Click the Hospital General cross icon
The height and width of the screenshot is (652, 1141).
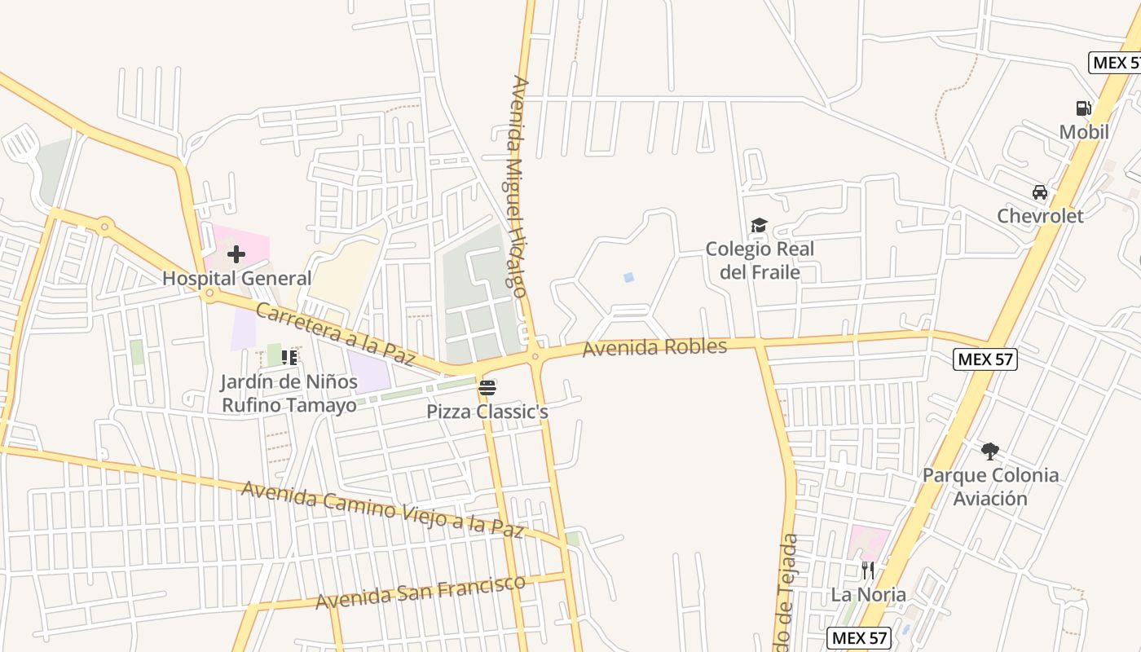236,254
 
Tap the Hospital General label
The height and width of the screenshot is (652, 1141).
236,279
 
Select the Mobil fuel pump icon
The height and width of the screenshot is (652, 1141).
1083,108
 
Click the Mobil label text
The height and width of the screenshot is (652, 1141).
1084,132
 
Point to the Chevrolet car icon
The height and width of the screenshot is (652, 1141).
1039,192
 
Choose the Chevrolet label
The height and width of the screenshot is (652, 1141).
1041,216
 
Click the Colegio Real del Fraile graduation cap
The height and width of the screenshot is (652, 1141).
760,225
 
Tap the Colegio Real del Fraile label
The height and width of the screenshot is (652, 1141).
760,260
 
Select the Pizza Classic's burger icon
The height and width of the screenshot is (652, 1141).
487,387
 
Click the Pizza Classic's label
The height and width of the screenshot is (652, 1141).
487,412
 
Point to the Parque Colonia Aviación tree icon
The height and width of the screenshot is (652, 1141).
990,451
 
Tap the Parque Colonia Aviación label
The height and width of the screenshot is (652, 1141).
990,487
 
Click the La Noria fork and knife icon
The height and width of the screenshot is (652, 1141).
868,570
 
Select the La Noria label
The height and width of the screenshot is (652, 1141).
868,595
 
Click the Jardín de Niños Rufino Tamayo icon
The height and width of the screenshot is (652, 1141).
289,357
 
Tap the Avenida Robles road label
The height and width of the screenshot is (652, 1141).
654,348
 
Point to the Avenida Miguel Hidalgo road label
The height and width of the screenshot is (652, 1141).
518,187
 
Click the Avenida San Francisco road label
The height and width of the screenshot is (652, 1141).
420,593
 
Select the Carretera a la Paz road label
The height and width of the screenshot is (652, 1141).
336,333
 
